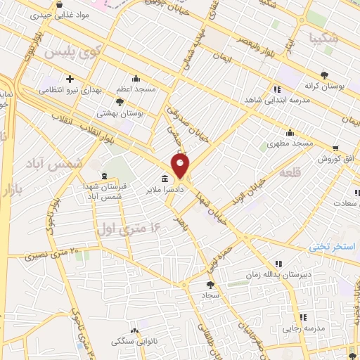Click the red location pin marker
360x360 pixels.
(181, 167)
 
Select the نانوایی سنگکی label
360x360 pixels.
(130, 342)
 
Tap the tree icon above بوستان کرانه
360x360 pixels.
(323, 75)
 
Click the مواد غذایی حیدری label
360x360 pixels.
(65, 13)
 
